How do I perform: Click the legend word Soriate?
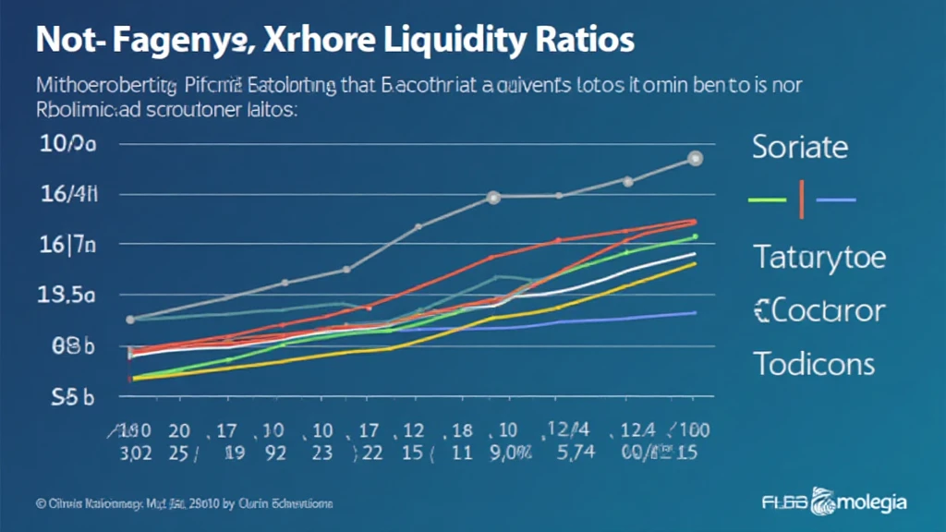tap(799, 147)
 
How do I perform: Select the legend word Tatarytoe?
tap(819, 256)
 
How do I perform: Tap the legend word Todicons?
tap(813, 363)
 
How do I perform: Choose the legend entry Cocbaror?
tap(819, 310)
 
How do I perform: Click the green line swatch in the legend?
tap(767, 199)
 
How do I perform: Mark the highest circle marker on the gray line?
tap(695, 159)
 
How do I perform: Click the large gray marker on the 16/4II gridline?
tap(493, 197)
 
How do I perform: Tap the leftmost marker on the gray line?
tap(130, 320)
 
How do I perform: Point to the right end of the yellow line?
tap(695, 263)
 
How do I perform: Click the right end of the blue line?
tap(695, 312)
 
